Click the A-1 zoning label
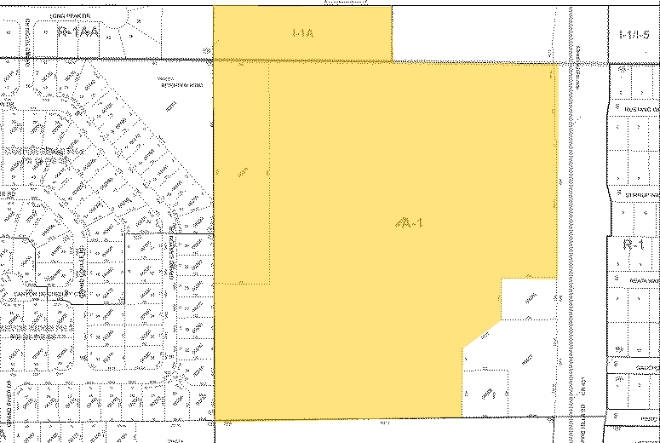tap(410, 222)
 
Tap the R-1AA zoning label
tap(78, 32)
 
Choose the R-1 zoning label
tap(632, 244)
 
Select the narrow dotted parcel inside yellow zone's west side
tap(242, 170)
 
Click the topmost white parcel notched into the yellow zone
tap(529, 299)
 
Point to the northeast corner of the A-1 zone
tap(557, 64)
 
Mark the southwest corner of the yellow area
tap(215, 418)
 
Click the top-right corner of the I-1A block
tap(392, 7)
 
